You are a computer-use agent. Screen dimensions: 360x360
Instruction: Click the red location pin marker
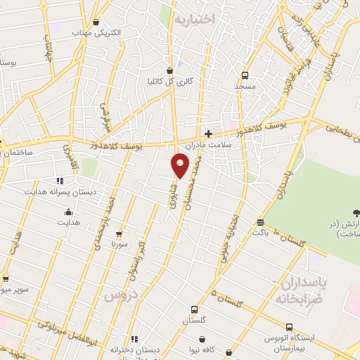click(x=181, y=165)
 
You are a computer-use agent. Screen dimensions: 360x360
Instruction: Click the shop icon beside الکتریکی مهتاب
click(x=96, y=22)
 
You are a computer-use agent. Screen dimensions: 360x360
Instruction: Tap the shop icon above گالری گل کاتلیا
click(x=169, y=70)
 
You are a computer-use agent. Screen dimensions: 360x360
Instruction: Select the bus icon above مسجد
click(x=245, y=75)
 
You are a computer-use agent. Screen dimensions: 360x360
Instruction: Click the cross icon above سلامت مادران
click(x=208, y=133)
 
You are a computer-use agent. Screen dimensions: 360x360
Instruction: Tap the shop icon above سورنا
click(x=119, y=234)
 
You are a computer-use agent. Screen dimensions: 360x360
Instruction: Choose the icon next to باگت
click(x=260, y=221)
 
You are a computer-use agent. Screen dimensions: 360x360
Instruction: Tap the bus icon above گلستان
click(x=194, y=309)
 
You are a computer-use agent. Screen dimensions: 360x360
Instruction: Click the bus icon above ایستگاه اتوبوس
click(x=290, y=327)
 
